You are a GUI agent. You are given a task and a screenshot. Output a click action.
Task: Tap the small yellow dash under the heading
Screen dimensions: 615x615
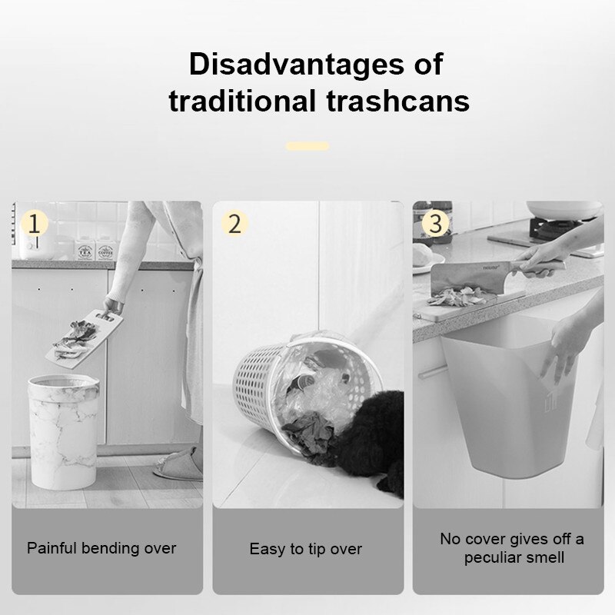[x=307, y=146]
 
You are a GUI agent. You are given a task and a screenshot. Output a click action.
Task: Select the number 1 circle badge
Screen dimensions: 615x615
[x=35, y=224]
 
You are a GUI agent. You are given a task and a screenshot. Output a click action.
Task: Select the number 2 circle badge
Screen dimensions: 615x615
[x=235, y=224]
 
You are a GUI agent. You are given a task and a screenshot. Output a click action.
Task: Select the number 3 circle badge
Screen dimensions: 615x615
[x=436, y=224]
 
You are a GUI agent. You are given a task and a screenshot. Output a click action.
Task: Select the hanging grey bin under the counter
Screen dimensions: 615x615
[x=500, y=400]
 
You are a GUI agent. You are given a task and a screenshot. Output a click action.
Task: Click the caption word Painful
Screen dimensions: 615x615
[x=55, y=548]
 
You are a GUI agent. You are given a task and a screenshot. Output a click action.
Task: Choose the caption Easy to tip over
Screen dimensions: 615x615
[x=305, y=549]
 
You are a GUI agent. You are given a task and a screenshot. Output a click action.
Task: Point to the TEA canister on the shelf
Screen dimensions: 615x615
[x=84, y=251]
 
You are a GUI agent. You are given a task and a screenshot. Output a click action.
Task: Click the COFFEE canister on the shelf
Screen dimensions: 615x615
[x=105, y=251]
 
